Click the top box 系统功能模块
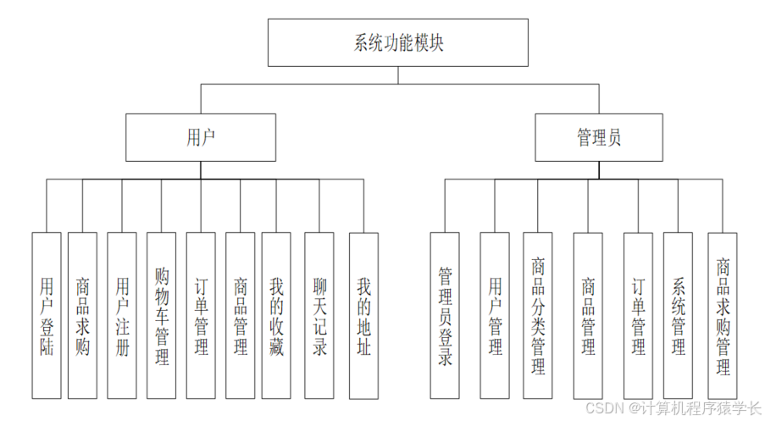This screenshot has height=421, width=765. tap(397, 42)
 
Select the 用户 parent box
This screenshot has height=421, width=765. tap(201, 137)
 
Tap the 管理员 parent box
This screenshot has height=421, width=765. tap(598, 137)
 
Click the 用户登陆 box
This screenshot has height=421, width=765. tap(47, 315)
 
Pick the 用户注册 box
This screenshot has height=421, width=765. tap(122, 315)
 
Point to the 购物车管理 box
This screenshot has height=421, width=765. tap(161, 315)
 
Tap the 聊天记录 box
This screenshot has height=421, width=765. tap(319, 315)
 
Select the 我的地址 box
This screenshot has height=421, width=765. tap(363, 315)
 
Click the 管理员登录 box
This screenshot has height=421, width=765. tap(445, 315)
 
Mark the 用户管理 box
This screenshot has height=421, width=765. tap(495, 315)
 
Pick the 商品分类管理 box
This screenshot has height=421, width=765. tap(538, 315)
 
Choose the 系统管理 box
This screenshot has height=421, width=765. tap(678, 315)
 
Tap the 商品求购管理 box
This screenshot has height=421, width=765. tap(723, 315)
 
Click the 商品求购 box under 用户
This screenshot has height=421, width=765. tap(82, 315)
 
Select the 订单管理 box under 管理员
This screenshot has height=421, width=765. tap(638, 315)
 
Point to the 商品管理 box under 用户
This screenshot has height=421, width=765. tap(240, 315)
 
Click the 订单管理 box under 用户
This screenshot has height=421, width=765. tap(201, 315)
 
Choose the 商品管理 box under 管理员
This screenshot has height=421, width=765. tap(588, 315)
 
